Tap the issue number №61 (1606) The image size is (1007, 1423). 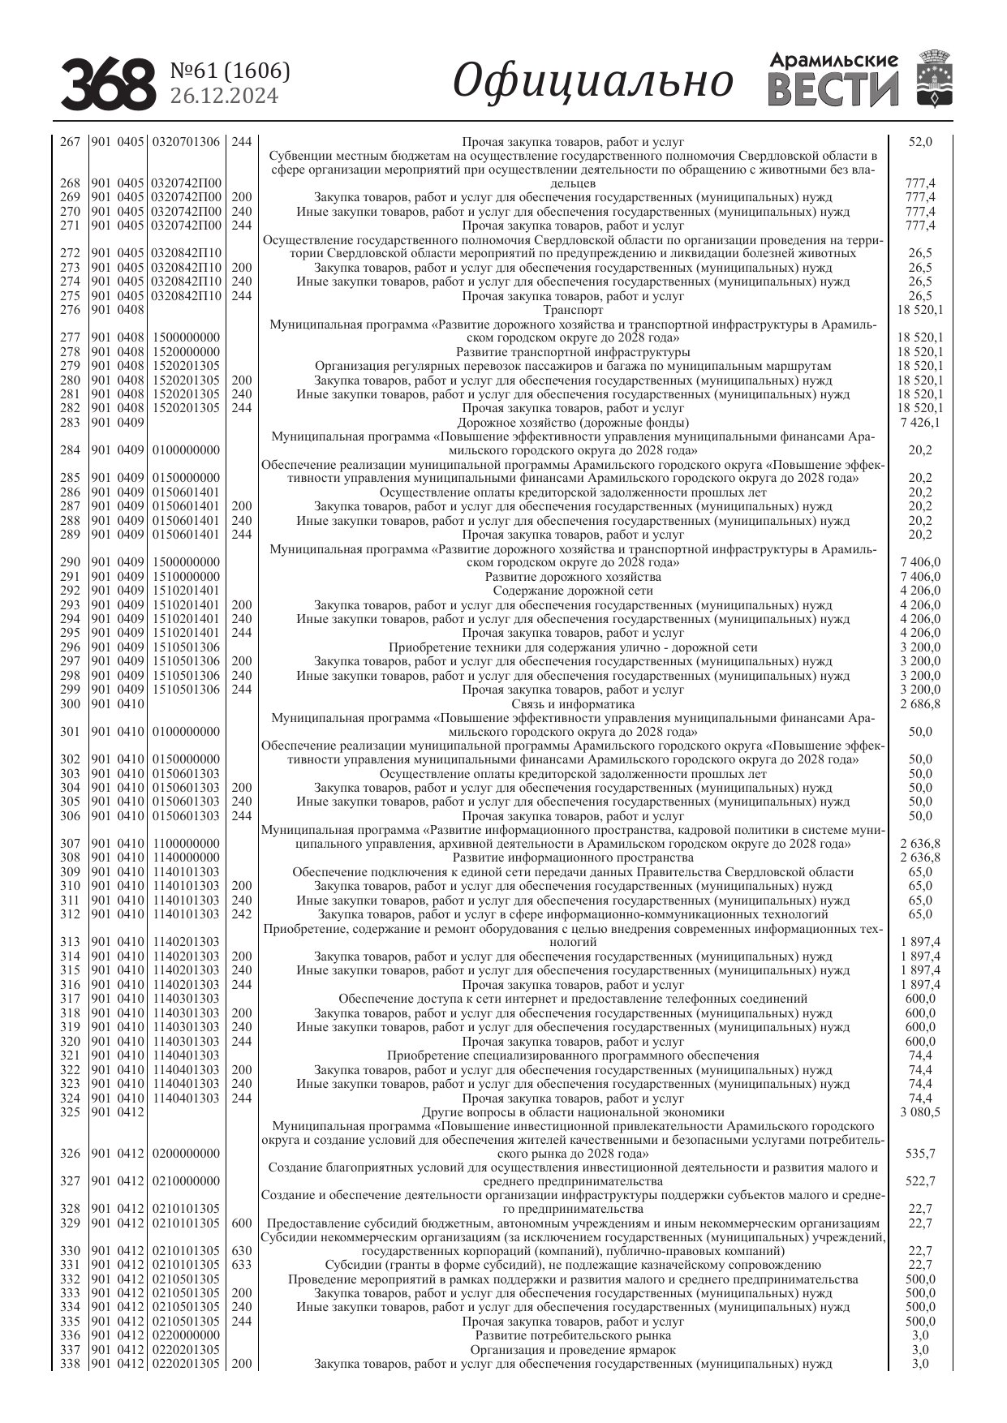[x=230, y=71]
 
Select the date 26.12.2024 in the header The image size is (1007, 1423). [x=223, y=97]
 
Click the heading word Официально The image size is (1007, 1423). [x=593, y=82]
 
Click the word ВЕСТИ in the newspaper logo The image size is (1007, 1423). [x=833, y=90]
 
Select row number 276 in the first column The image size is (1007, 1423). [x=70, y=310]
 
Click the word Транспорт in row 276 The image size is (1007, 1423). [x=573, y=310]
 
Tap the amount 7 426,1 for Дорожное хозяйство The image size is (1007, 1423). [x=920, y=423]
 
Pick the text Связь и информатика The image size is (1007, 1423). [x=573, y=704]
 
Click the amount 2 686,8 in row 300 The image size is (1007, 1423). [x=920, y=704]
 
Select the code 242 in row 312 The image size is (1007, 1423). [x=241, y=914]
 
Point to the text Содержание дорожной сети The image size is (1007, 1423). [x=573, y=591]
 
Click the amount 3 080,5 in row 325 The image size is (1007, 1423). [x=920, y=1111]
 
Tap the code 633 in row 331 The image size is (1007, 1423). [x=241, y=1265]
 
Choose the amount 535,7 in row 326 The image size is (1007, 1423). [x=920, y=1153]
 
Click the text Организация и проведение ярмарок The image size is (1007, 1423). [x=573, y=1350]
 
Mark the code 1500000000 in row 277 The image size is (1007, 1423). [x=186, y=337]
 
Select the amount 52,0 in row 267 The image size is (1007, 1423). [x=920, y=142]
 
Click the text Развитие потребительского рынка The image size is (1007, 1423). [x=573, y=1335]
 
